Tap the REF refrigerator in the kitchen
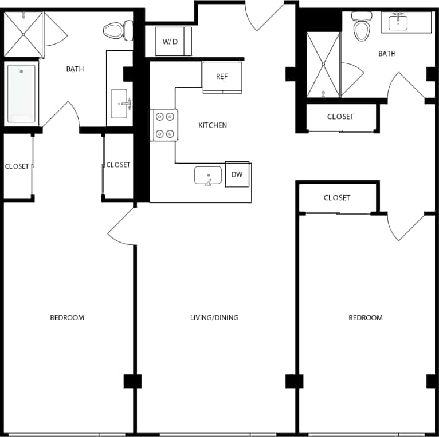click(x=222, y=77)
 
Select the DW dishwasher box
click(x=237, y=174)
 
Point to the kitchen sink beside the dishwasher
click(x=207, y=176)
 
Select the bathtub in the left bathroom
click(x=21, y=93)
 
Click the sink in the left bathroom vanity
click(x=120, y=104)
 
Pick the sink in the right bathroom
click(x=398, y=22)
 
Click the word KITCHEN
click(x=213, y=125)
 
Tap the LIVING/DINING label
click(x=214, y=317)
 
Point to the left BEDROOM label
click(x=67, y=317)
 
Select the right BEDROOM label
click(x=366, y=317)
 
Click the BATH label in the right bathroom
click(x=387, y=54)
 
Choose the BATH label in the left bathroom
click(x=75, y=69)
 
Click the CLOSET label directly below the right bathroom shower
click(x=340, y=117)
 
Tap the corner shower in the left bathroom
click(x=23, y=34)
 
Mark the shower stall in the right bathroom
click(x=323, y=65)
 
